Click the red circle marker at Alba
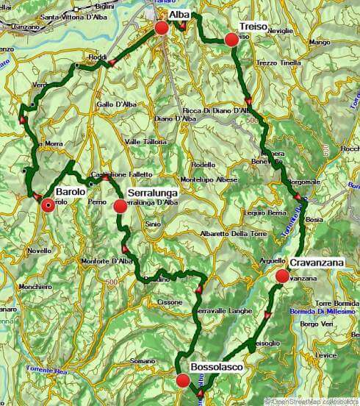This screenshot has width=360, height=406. [x=162, y=29]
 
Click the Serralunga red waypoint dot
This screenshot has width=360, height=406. [x=120, y=206]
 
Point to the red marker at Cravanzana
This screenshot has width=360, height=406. [x=282, y=277]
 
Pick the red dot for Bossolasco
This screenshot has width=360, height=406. [x=183, y=380]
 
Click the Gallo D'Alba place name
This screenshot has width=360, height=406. [x=115, y=104]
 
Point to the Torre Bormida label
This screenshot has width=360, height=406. [x=334, y=303]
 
